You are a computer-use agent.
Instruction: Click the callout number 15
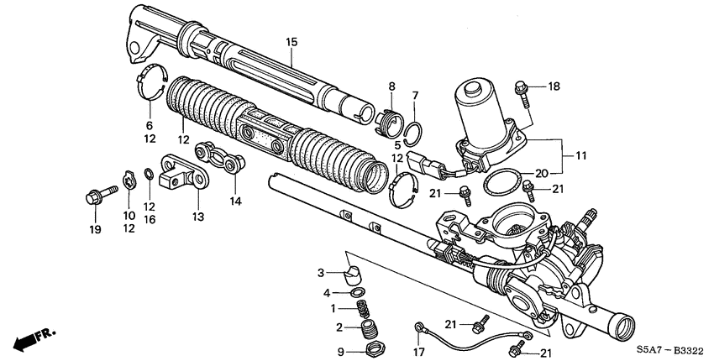point(291,42)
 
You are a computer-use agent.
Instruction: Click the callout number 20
point(543,174)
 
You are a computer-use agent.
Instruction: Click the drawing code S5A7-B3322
point(668,352)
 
